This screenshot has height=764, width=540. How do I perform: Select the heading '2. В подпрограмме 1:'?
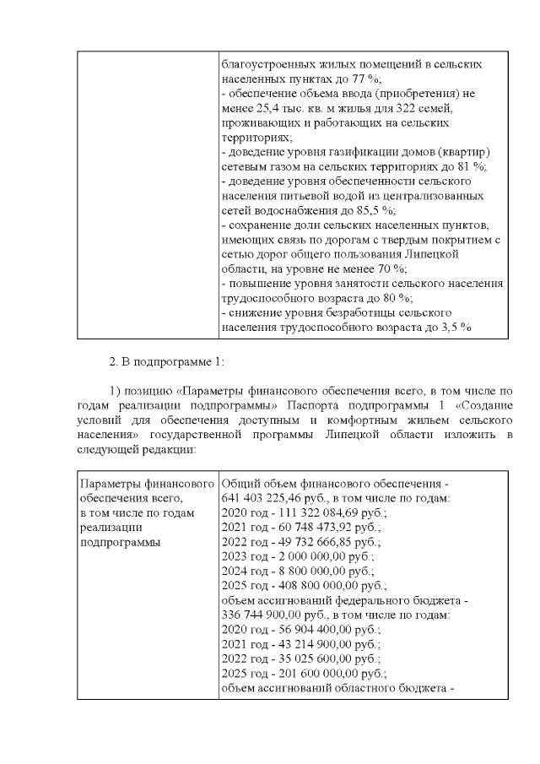click(167, 362)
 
